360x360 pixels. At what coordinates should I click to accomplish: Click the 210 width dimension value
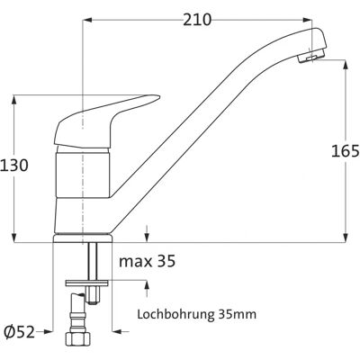197,20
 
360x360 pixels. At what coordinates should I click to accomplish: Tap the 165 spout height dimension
345,151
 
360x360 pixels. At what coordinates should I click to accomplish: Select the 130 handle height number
14,165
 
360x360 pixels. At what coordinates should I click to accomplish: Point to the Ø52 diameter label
20,332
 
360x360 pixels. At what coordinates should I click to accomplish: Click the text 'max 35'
147,261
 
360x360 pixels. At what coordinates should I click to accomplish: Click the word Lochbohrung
176,315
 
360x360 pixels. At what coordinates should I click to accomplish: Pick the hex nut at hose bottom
78,340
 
